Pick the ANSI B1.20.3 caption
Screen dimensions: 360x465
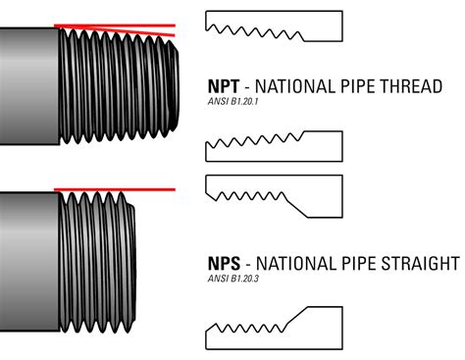(235, 279)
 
